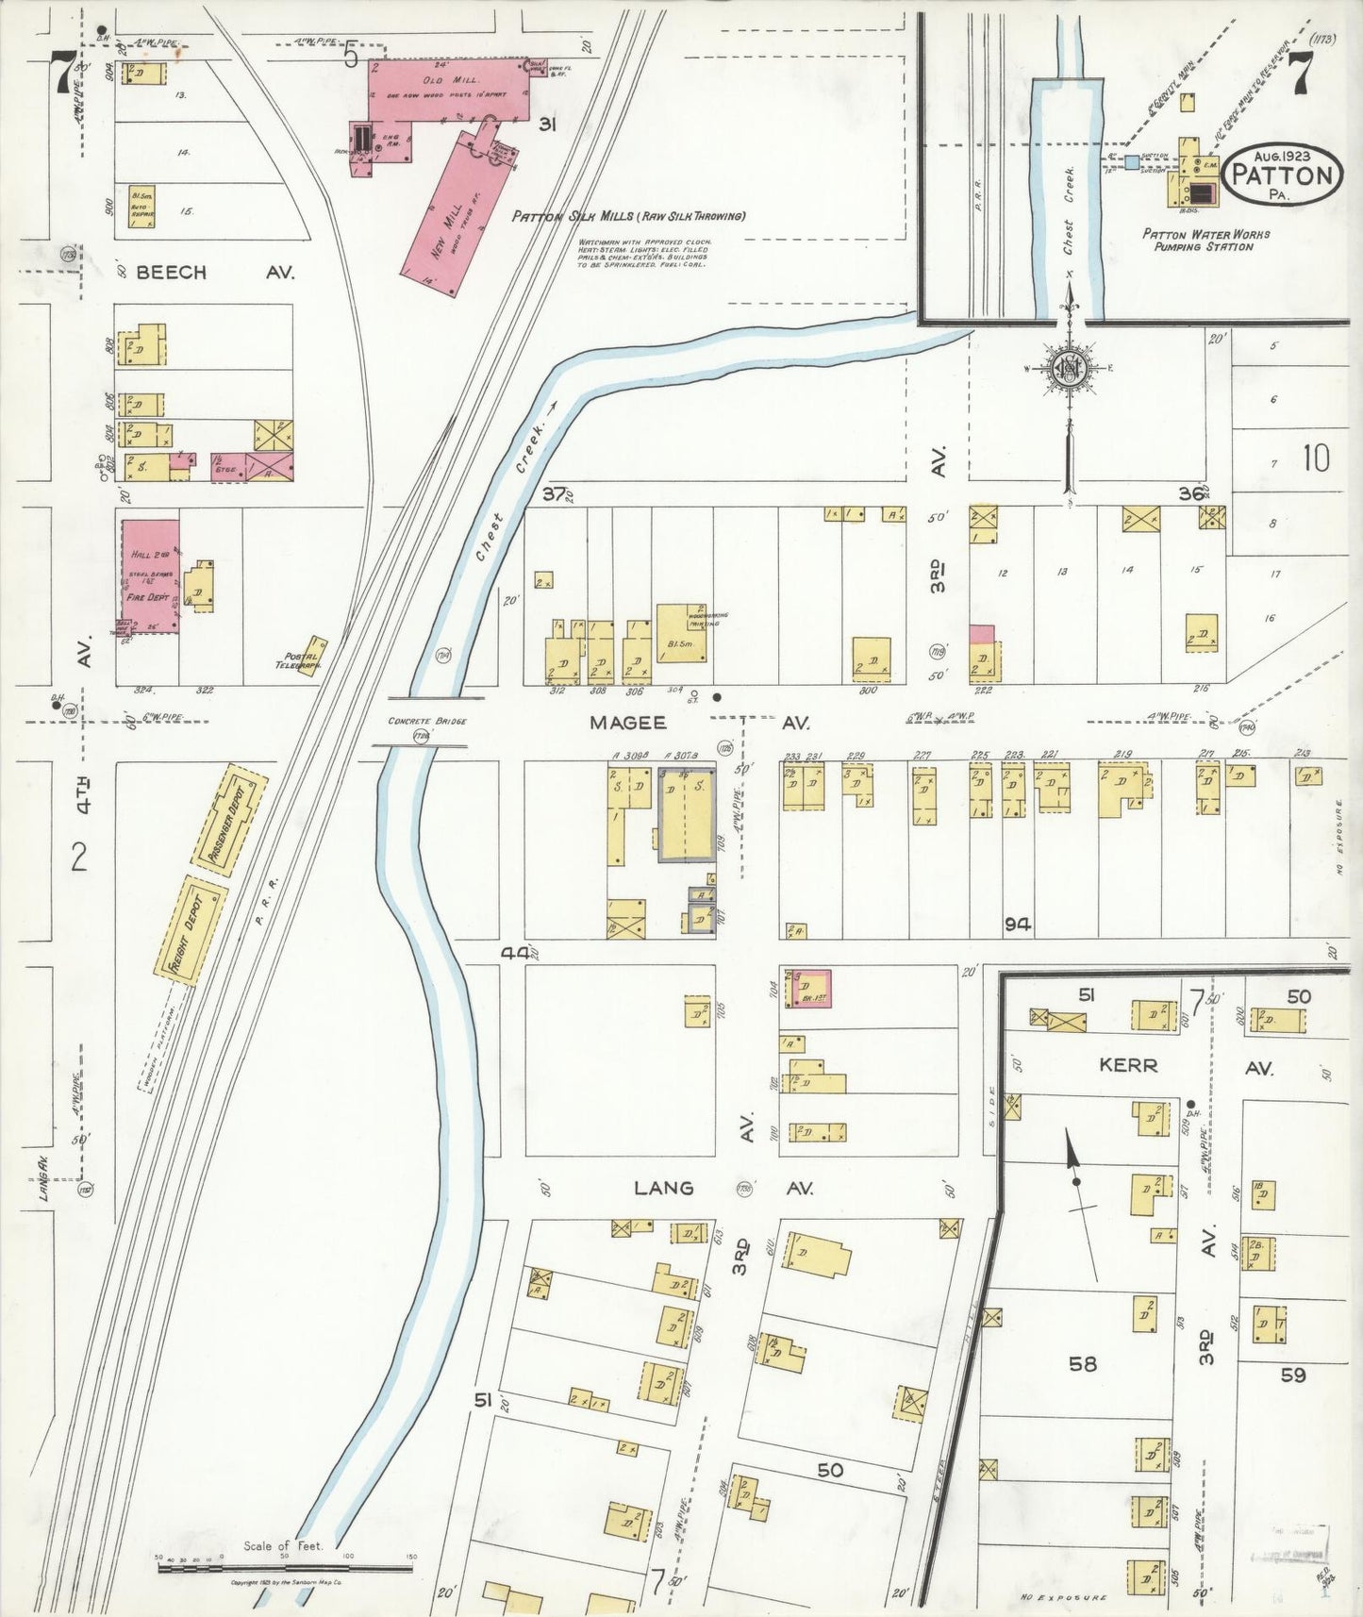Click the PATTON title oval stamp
pyautogui.click(x=1283, y=175)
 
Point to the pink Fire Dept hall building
pyautogui.click(x=149, y=575)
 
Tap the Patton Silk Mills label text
pyautogui.click(x=628, y=216)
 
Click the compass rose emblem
pyautogui.click(x=1070, y=369)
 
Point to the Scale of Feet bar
pyautogui.click(x=284, y=1568)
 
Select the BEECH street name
pyautogui.click(x=171, y=273)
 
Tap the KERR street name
pyautogui.click(x=1128, y=1065)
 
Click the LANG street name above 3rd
pyautogui.click(x=663, y=1188)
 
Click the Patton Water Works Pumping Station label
pyautogui.click(x=1205, y=240)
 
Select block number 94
pyautogui.click(x=1016, y=925)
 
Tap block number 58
pyautogui.click(x=1083, y=1363)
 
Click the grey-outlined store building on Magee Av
pyautogui.click(x=686, y=812)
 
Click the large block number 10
pyautogui.click(x=1315, y=458)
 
